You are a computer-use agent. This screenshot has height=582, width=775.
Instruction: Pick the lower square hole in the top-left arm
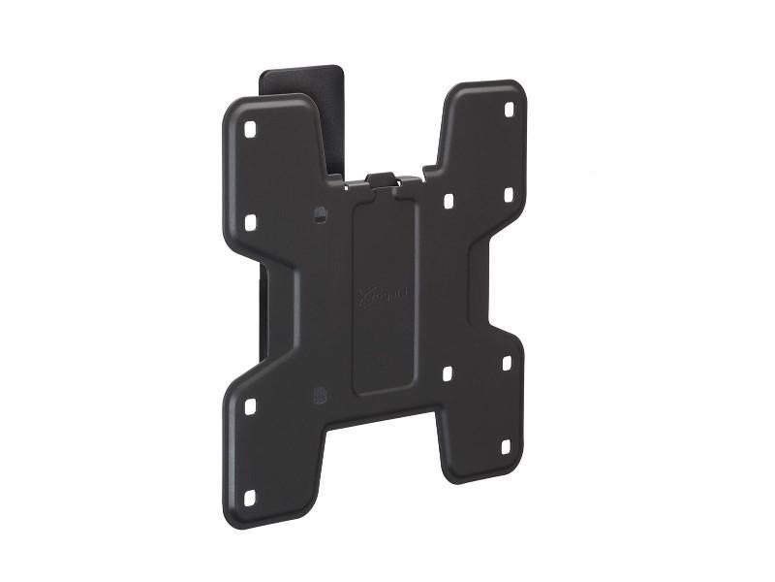point(250,223)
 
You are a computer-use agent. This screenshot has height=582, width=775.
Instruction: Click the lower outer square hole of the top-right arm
point(508,195)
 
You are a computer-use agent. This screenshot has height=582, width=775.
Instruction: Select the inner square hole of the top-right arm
point(449,202)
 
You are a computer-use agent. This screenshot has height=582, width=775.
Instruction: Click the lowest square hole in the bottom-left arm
point(250,497)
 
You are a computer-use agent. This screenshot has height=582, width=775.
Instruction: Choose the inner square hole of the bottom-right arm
point(448,372)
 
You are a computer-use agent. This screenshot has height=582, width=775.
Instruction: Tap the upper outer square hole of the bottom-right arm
point(507,363)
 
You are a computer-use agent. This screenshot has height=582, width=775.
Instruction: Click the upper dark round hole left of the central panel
point(320,212)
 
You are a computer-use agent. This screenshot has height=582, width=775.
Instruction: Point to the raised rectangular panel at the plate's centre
point(386,291)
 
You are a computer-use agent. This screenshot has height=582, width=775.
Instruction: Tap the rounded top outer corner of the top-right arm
point(517,89)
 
